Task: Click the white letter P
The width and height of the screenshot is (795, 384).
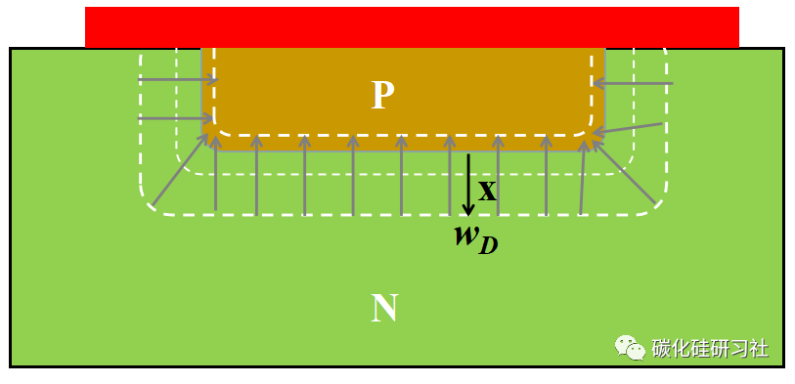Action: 382,95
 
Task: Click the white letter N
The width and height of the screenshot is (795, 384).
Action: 384,309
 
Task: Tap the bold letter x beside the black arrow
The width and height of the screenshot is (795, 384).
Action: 487,188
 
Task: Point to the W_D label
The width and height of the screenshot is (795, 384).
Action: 475,238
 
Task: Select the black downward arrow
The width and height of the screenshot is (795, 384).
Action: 468,184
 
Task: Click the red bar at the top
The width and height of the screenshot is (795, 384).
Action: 412,27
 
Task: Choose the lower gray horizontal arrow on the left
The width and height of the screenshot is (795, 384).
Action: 177,119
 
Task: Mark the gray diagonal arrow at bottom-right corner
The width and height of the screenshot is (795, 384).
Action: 623,173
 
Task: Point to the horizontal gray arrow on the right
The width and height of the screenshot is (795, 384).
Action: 633,84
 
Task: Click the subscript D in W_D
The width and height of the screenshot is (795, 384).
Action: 488,244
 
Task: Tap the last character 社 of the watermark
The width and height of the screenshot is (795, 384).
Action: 758,348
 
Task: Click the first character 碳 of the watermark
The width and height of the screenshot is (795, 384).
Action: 661,348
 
